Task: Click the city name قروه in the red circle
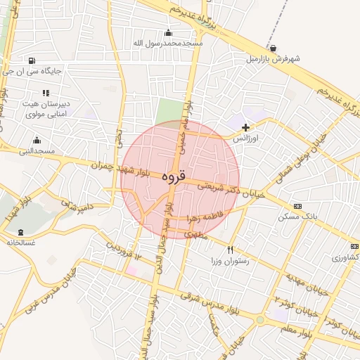173,177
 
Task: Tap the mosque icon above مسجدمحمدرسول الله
167,33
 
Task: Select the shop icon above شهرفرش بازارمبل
272,49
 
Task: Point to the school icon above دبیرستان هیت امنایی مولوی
46,93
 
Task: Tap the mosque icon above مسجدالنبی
37,141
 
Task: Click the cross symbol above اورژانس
245,127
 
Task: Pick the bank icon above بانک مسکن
297,206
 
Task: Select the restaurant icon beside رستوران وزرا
230,250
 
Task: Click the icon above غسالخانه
19,232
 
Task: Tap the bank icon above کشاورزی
354,247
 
